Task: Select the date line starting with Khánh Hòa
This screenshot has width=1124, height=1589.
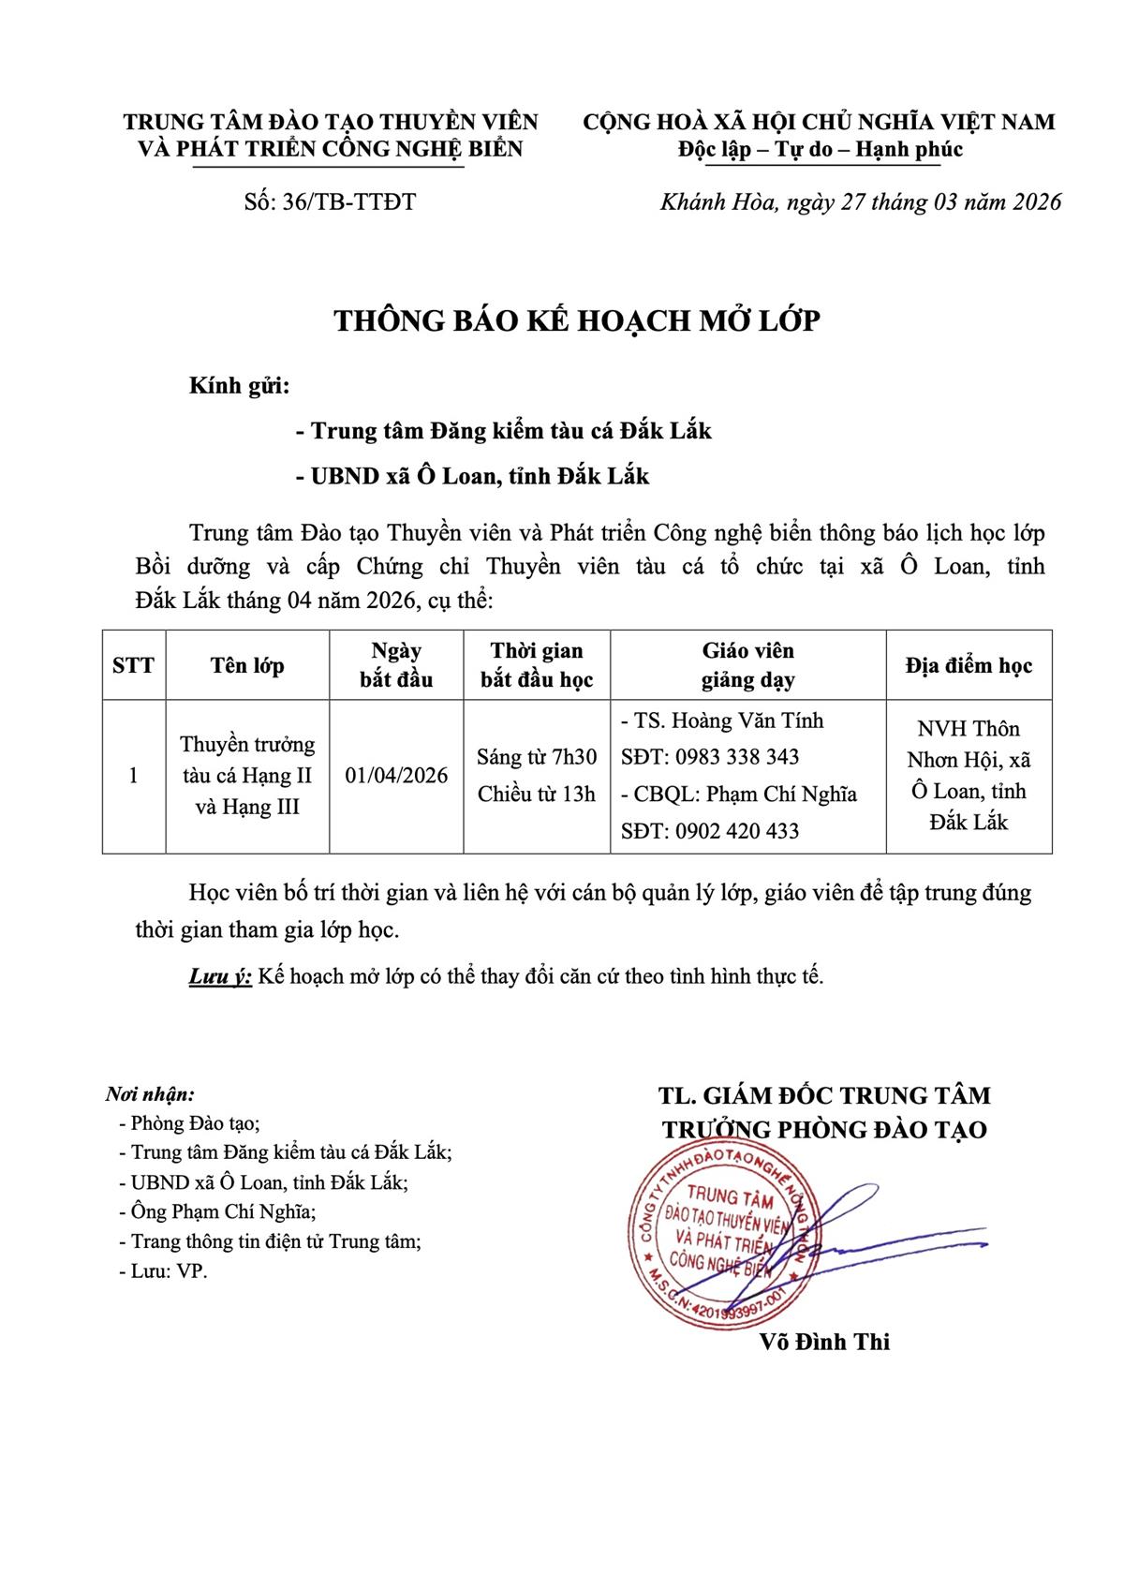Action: (x=861, y=202)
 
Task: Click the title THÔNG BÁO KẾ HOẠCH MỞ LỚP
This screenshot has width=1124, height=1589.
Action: (x=577, y=321)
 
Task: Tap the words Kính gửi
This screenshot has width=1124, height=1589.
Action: (x=239, y=386)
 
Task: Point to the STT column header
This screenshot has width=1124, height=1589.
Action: (x=133, y=665)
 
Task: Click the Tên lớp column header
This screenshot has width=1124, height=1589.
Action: (x=247, y=665)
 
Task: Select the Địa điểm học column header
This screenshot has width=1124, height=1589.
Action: (x=969, y=665)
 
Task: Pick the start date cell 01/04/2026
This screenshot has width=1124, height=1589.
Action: (x=396, y=776)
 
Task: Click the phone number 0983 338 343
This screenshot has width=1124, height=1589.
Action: (x=736, y=757)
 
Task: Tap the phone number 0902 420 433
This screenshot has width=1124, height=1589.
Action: (x=736, y=831)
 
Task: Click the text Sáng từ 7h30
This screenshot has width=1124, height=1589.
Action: (x=537, y=757)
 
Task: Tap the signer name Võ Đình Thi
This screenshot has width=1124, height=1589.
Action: (x=824, y=1342)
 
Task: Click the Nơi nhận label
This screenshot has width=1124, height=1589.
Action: (x=150, y=1094)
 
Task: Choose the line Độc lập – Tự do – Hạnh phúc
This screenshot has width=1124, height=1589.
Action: (x=820, y=150)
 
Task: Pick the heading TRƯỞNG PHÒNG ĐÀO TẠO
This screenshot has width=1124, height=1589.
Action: (x=824, y=1130)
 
